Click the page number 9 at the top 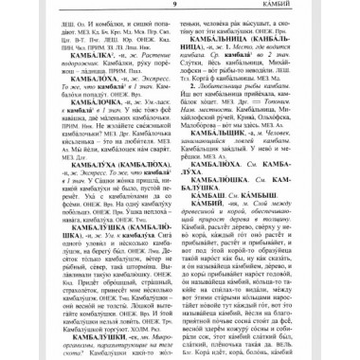[180, 9]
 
